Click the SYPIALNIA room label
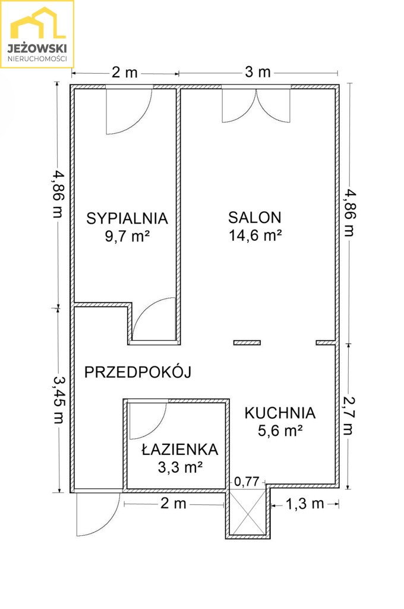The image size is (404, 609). (x=127, y=218)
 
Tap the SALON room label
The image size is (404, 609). (x=255, y=218)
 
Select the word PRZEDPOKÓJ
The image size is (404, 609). (x=138, y=372)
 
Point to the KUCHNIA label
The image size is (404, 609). (x=280, y=413)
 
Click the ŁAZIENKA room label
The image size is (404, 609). (x=180, y=450)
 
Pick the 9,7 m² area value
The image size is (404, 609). (x=127, y=236)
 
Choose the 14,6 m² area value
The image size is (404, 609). (x=255, y=236)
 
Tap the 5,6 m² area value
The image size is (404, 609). (x=280, y=431)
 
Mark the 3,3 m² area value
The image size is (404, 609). (x=180, y=467)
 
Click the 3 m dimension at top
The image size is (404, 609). (x=258, y=72)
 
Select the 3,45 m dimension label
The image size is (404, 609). (x=59, y=399)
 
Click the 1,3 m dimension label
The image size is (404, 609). (x=305, y=504)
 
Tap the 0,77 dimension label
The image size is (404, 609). (x=247, y=482)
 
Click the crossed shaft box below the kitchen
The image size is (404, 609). (x=248, y=512)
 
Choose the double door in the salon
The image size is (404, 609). (x=256, y=106)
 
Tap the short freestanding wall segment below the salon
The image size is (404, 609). (x=247, y=343)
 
